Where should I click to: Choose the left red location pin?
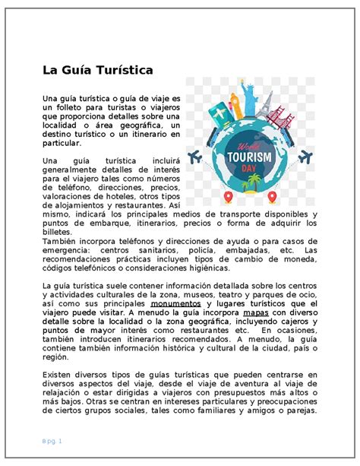click(x=229, y=198)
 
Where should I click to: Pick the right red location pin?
click(x=271, y=198)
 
